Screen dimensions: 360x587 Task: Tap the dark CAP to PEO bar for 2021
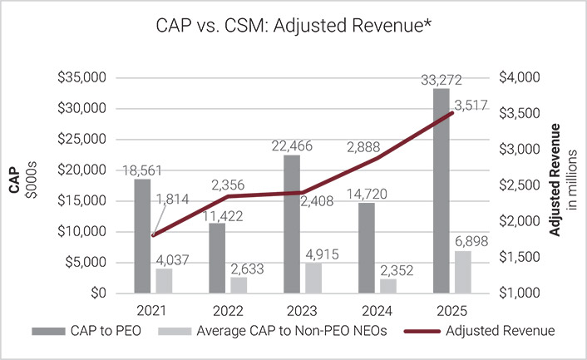pos(141,236)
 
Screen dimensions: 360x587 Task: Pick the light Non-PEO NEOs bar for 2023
pos(313,279)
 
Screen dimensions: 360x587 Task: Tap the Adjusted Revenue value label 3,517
pos(476,104)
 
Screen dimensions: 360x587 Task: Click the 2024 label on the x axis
pos(368,310)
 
